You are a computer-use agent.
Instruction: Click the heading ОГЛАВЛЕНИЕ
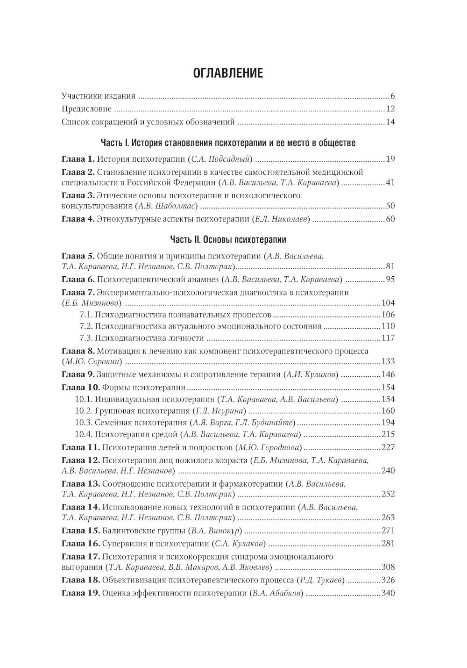pos(228,73)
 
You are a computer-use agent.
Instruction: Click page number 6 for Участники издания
pos(393,96)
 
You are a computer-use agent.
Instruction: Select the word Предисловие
pos(87,109)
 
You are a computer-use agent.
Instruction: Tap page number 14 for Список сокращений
pos(390,122)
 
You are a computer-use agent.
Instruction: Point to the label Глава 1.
pos(78,159)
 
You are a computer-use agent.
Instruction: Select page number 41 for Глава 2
pos(390,182)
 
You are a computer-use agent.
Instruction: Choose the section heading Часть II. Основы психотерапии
pos(228,240)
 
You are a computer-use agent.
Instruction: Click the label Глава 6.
pos(78,280)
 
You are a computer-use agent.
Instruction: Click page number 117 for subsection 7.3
pos(388,338)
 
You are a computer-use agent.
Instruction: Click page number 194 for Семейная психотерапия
pos(388,423)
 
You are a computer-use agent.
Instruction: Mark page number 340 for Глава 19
pos(388,593)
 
